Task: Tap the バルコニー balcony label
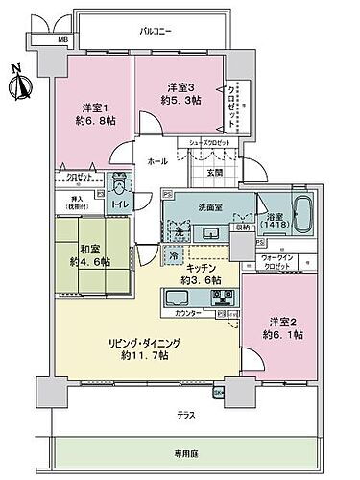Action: tap(156, 32)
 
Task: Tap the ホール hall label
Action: tap(156, 163)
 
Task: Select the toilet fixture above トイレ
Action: tap(118, 184)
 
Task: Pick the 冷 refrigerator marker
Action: tap(171, 256)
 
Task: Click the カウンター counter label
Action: tap(189, 314)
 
